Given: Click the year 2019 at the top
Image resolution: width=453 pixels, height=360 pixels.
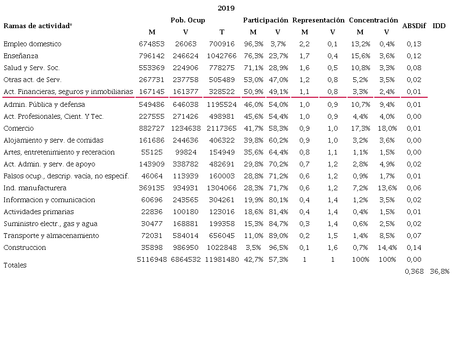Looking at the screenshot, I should pos(226,8).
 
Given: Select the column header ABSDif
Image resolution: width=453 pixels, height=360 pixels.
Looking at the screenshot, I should pos(414,26).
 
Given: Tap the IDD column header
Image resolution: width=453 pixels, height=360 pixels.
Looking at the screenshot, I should pos(439,26).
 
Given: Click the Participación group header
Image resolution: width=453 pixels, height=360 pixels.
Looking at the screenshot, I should pos(265,20).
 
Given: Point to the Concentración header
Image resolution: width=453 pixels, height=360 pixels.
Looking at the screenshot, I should pos(373,20).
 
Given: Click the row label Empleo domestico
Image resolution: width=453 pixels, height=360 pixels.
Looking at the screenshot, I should pos(32,44).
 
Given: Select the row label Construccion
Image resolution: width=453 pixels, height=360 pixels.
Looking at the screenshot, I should pos(25,247).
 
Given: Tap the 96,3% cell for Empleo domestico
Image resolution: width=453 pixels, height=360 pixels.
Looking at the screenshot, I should pos(253,44).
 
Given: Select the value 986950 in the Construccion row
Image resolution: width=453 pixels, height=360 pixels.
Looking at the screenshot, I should pos(186,247).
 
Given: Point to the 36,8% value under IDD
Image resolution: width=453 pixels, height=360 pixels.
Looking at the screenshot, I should pos(440,271).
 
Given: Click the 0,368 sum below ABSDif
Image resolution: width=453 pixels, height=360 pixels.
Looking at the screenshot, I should pos(414,271).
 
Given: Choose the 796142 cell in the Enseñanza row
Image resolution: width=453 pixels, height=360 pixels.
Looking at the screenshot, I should pos(151,56).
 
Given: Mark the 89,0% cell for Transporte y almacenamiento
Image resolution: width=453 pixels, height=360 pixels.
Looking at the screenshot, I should pos(278,236).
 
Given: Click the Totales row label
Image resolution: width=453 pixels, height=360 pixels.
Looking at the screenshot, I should pos(15,265).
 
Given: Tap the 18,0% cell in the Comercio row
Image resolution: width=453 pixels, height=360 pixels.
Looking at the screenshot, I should pos(387,128).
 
